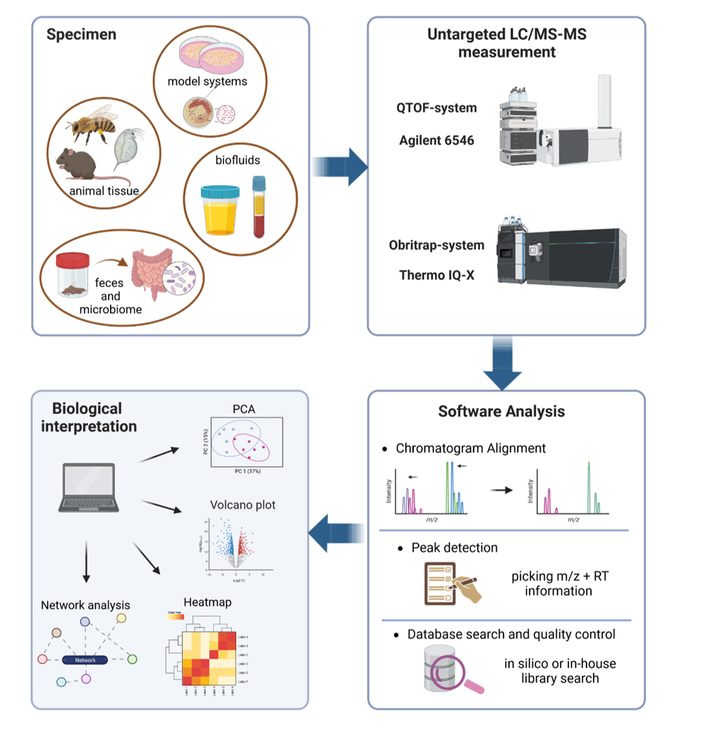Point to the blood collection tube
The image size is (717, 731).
click(x=259, y=207)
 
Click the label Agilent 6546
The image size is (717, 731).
click(x=436, y=140)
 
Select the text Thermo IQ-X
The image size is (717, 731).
click(x=436, y=275)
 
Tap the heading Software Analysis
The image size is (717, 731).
click(x=501, y=411)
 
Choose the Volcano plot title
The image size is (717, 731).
click(x=243, y=504)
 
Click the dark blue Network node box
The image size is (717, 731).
click(x=85, y=660)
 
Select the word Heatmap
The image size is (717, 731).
click(x=207, y=602)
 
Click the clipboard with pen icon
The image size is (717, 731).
click(x=452, y=581)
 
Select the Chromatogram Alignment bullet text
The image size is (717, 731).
click(x=470, y=448)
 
